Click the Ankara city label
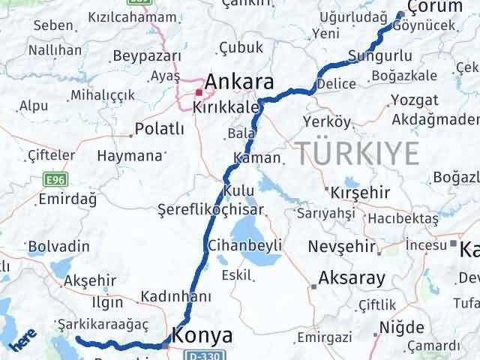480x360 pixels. click(239, 81)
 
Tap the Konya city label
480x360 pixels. click(202, 334)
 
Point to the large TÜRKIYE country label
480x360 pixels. click(356, 152)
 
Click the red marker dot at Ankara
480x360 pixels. click(199, 93)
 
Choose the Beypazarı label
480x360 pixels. click(147, 56)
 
